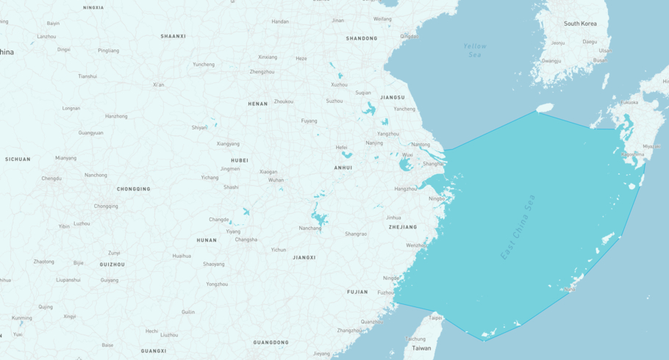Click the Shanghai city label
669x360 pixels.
coord(433,164)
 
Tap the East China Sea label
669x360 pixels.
coord(518,227)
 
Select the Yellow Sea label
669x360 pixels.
coord(475,50)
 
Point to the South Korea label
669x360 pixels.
coord(580,24)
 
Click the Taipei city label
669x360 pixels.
coord(435,318)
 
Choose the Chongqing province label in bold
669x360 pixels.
coord(134,189)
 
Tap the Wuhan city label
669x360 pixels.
coord(276,180)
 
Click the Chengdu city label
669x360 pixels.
coord(51,178)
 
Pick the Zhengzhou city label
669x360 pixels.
coord(262,72)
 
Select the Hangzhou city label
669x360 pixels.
coord(405,189)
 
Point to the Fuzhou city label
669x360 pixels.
coord(385,292)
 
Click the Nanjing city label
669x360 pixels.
coord(374,143)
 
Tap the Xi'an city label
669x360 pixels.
coord(159,84)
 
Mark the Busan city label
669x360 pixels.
coord(600,60)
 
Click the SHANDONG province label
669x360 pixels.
coord(362,38)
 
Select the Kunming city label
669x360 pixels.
coord(21,318)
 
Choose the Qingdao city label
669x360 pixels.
coord(409,36)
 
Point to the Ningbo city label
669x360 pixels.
coord(437,198)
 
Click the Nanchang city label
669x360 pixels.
coord(310,228)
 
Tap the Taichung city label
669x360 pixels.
coord(415,339)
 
